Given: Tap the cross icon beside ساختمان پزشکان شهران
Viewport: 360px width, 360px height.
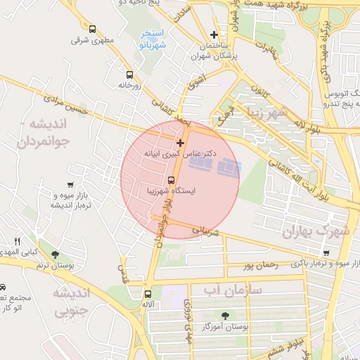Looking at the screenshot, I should tap(214, 34).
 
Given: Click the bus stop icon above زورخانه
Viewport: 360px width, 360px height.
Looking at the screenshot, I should tap(129, 74).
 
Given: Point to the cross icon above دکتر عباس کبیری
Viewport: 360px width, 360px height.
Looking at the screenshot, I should tap(180, 143).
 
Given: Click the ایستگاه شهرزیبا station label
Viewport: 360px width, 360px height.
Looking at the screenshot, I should tap(171, 190).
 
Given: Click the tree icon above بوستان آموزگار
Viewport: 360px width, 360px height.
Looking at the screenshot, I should tap(225, 316).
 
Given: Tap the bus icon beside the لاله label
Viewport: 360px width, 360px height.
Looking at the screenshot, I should tap(148, 294).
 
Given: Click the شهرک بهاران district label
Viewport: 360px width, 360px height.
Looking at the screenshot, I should tap(316, 231).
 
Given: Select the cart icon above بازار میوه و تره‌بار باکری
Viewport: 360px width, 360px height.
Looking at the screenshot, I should tap(326, 253).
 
